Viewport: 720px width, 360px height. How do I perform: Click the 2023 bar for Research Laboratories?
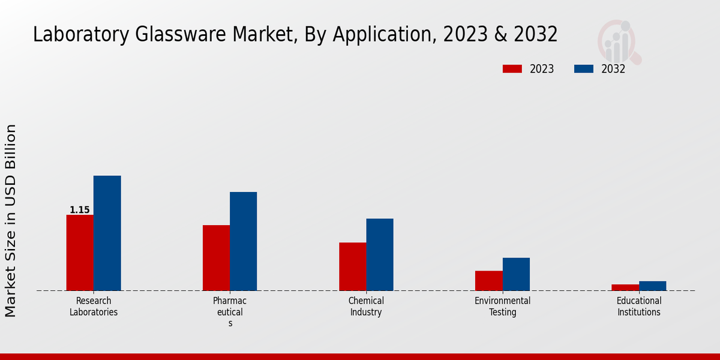tap(80, 253)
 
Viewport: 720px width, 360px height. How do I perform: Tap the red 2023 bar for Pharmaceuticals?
tap(216, 258)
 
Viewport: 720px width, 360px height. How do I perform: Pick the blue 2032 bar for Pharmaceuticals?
tap(243, 241)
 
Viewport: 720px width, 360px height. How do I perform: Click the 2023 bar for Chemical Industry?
tap(352, 266)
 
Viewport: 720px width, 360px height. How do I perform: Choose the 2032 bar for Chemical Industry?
tap(380, 254)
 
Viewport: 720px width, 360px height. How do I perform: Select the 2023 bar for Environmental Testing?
tap(488, 281)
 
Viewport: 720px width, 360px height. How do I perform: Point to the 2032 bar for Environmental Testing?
tap(516, 274)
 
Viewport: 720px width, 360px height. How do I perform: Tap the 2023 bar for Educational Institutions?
tap(625, 287)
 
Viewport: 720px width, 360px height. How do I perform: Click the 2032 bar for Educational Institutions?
tap(652, 286)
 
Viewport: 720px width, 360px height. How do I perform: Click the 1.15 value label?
tap(80, 210)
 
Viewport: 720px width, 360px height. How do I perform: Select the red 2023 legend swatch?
tap(512, 69)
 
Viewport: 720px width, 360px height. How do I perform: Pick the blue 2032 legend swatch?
tap(584, 69)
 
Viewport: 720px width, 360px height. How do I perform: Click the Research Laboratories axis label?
tap(94, 307)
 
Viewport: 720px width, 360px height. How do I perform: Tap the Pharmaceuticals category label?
tap(230, 311)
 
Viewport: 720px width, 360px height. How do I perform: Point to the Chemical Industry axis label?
tap(366, 307)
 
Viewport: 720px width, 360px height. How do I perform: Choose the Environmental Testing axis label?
tap(503, 307)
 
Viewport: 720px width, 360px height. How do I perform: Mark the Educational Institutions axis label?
tap(639, 307)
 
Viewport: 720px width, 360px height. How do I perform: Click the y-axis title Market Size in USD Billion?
tap(11, 220)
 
